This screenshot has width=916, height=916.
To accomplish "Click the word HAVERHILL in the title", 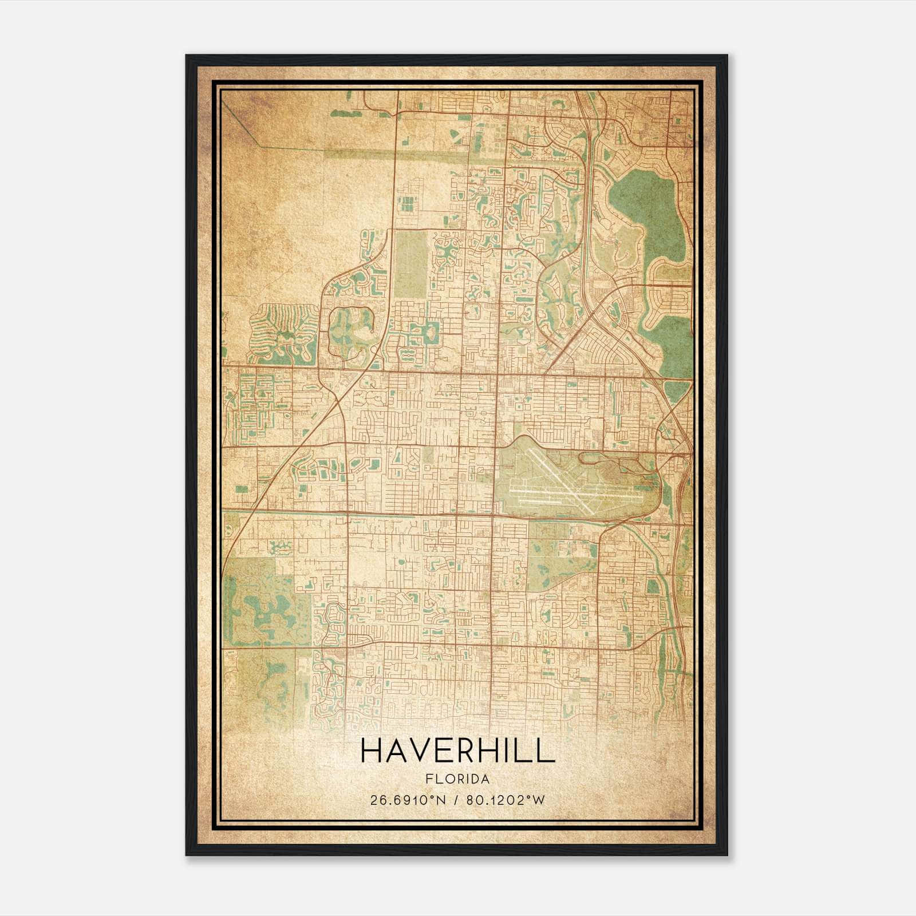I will pyautogui.click(x=457, y=752).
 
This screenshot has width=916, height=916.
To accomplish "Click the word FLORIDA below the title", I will pyautogui.click(x=457, y=779).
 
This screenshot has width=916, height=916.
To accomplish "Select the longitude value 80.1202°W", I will pyautogui.click(x=506, y=800).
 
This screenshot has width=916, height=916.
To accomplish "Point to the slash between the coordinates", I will pyautogui.click(x=456, y=800).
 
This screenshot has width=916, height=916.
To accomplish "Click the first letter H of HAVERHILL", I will pyautogui.click(x=372, y=752).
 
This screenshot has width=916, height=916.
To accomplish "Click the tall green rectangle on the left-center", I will pyautogui.click(x=411, y=260).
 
